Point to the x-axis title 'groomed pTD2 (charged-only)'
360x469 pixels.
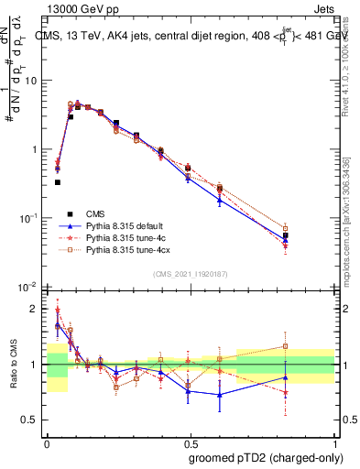tap(267, 457)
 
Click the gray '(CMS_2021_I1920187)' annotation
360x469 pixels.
tap(191, 274)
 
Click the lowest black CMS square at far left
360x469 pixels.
tap(58, 182)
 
